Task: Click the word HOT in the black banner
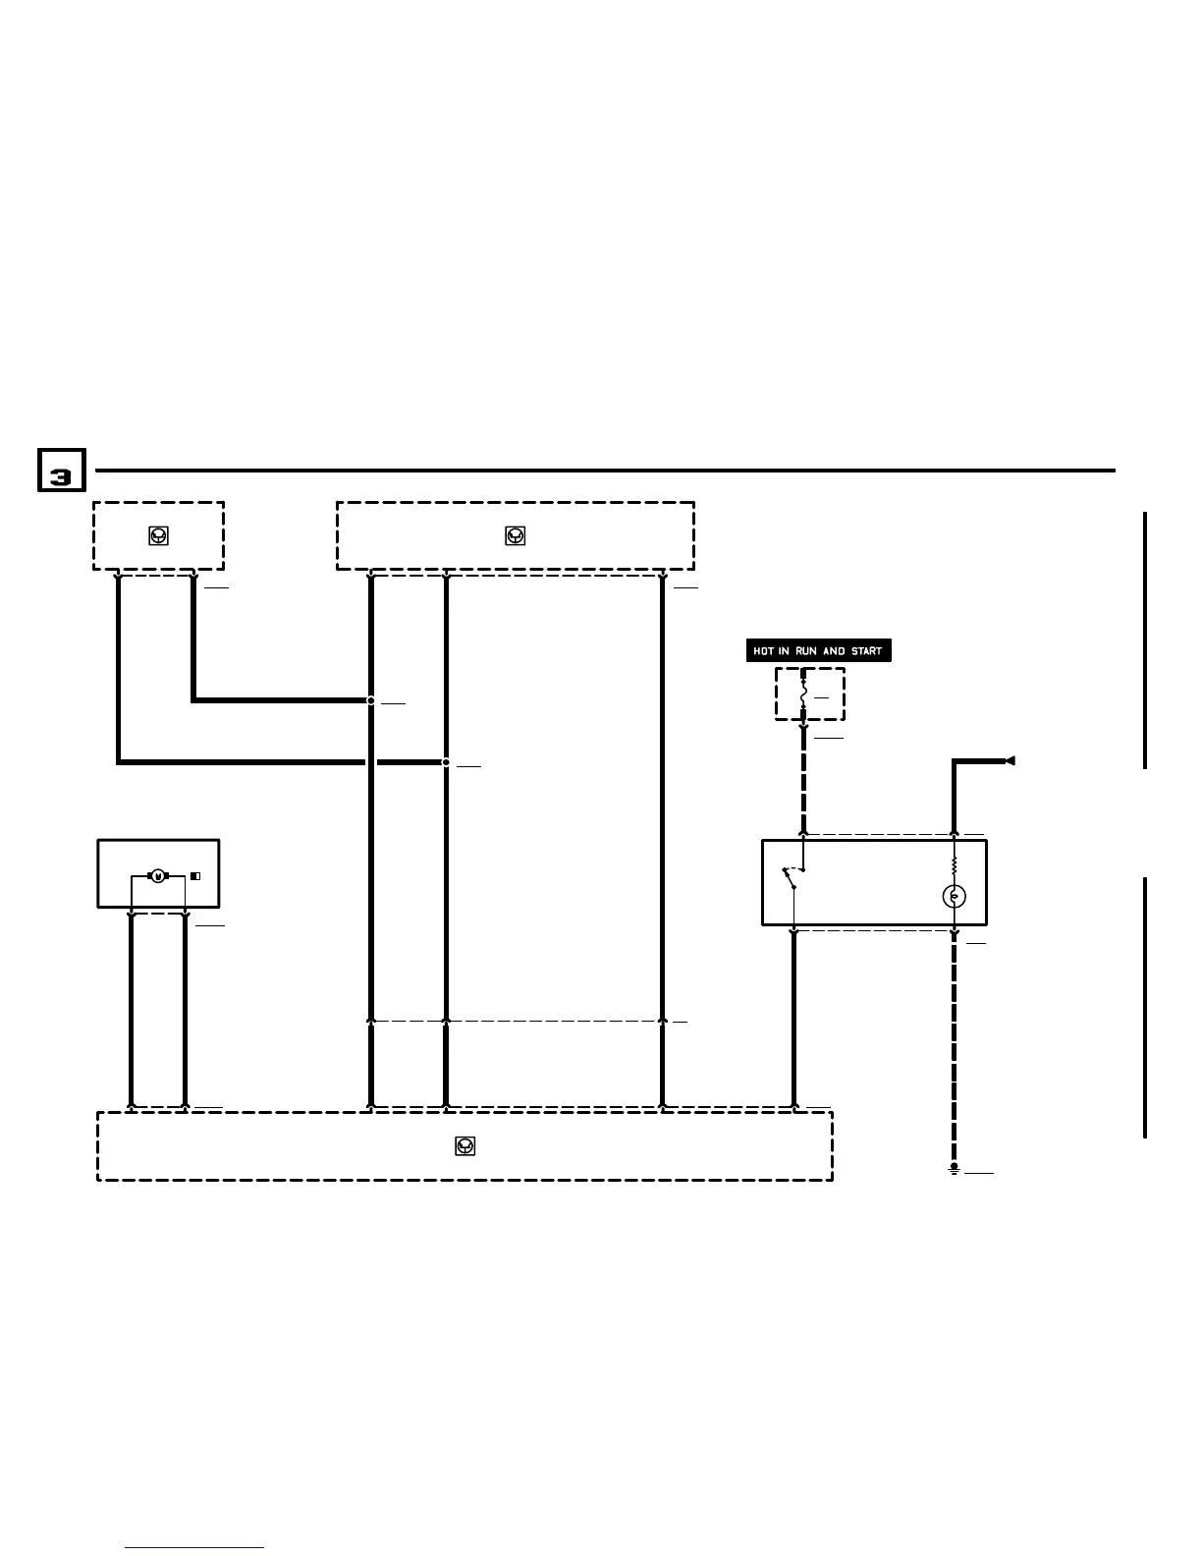click(x=764, y=651)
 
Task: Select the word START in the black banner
click(x=866, y=651)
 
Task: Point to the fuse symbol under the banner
click(x=803, y=694)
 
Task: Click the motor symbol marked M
click(x=157, y=875)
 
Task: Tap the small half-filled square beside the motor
click(x=195, y=875)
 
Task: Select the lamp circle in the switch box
click(x=954, y=896)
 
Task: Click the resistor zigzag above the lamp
click(x=954, y=865)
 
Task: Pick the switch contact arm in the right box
click(x=789, y=878)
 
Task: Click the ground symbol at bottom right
click(x=954, y=1169)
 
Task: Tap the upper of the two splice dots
click(x=371, y=700)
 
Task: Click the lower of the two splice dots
click(x=446, y=762)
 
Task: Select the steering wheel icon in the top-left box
click(x=158, y=535)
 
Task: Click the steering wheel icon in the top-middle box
click(x=516, y=535)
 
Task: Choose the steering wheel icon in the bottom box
click(x=465, y=1145)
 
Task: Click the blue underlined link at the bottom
click(x=194, y=1547)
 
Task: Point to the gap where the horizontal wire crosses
click(x=371, y=762)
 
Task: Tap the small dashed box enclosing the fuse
click(x=810, y=694)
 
